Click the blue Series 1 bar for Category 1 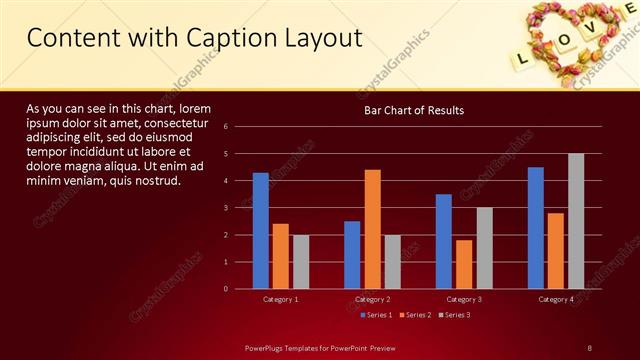coord(261,231)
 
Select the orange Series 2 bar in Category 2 coord(372,229)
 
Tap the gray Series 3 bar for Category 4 coord(576,221)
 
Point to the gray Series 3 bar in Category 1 coord(301,262)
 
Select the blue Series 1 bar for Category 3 coord(444,241)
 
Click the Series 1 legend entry coord(375,315)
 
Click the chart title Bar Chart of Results coord(413,110)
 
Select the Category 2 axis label coord(372,299)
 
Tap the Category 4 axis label coord(556,299)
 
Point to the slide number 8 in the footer coord(589,347)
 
